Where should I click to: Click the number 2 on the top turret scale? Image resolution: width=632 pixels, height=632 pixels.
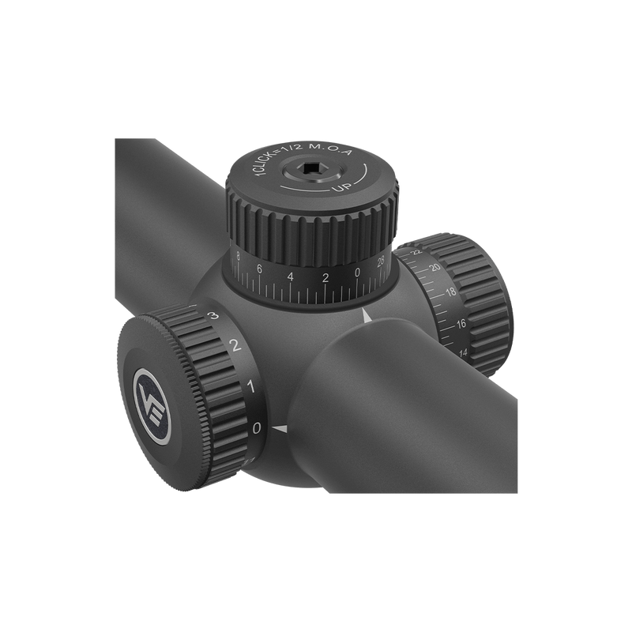coord(325,278)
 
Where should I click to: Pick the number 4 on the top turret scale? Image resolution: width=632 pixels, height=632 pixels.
coord(292,276)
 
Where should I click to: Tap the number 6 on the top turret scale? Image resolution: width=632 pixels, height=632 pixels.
coord(260,269)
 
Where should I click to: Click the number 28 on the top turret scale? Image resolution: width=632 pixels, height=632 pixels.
coord(383,263)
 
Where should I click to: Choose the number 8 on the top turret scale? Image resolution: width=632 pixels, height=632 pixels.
coord(239,256)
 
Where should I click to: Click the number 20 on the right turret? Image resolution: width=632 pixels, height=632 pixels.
coord(434,269)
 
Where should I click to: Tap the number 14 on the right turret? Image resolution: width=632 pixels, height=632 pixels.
coord(463,352)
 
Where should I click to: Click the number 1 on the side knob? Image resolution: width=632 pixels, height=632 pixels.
coord(250,387)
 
